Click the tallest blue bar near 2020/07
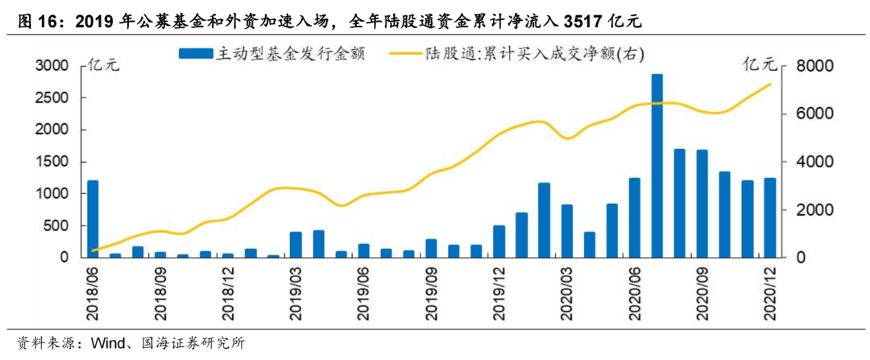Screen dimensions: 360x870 point(657,166)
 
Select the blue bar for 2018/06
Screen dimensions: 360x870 point(93,218)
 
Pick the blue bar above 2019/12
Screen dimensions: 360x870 point(499,241)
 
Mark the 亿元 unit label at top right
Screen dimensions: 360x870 point(759,64)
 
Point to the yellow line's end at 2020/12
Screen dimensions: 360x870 point(770,85)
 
